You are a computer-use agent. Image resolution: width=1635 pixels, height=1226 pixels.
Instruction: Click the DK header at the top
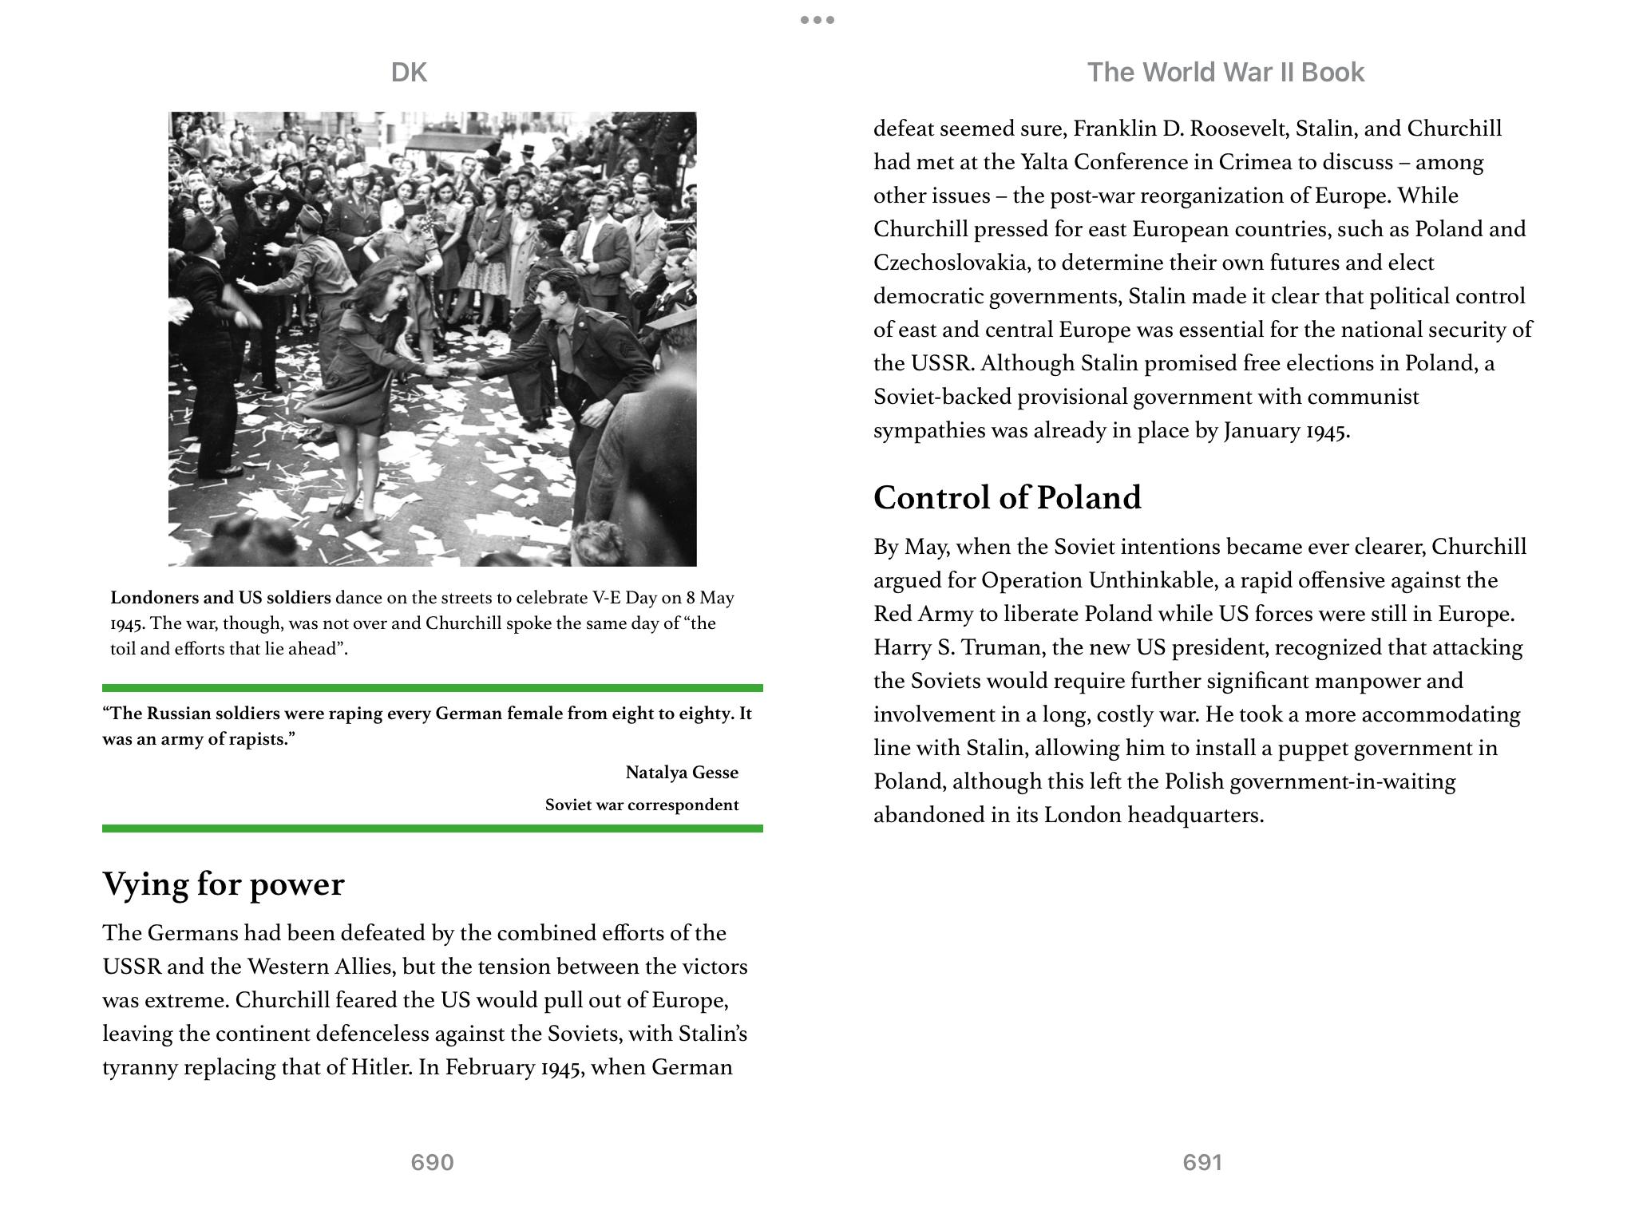pos(409,73)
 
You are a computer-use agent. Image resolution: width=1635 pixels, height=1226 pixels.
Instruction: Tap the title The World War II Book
pos(1225,73)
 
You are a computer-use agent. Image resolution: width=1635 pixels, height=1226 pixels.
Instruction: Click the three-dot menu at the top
pos(817,20)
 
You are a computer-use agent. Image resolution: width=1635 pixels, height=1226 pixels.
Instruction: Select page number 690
pos(432,1162)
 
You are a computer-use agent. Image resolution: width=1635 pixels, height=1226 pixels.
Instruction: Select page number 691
pos(1202,1162)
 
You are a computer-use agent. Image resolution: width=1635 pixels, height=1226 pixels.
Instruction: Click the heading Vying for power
pos(224,884)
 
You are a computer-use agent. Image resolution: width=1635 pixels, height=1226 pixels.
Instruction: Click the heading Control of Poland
pos(1007,497)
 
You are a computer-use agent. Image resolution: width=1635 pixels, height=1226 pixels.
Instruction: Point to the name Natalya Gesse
pos(682,773)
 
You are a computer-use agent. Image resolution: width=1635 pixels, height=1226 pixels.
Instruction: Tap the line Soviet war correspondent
pos(642,805)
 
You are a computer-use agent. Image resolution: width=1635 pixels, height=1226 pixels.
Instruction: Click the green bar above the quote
pos(432,687)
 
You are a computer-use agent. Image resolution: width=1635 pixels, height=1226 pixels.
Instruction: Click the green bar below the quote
pos(432,829)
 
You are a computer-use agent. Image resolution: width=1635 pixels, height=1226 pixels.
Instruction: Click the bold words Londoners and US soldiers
pos(220,598)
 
